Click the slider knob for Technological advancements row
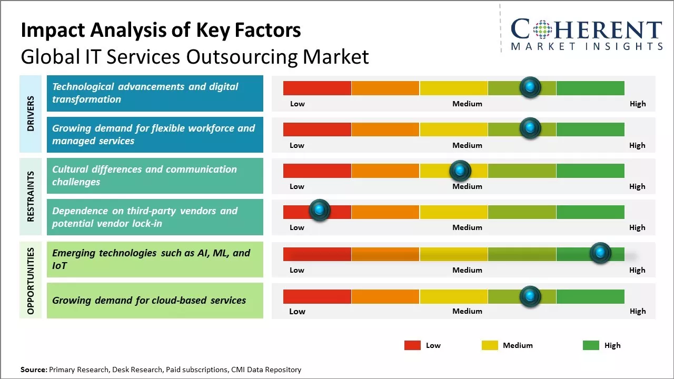point(530,87)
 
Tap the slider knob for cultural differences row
point(460,171)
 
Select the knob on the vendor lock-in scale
point(319,210)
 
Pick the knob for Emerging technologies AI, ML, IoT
point(600,253)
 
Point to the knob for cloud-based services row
point(530,296)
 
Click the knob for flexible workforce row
point(530,128)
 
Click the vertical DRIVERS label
point(31,114)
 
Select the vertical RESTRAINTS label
point(31,196)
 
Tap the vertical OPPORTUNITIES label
point(31,281)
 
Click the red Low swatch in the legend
point(412,345)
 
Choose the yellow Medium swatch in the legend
point(490,345)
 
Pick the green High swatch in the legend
point(591,345)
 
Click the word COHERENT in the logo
point(587,29)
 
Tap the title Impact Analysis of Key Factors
point(161,31)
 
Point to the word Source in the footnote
point(34,370)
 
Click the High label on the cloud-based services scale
point(638,311)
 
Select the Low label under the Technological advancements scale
point(298,104)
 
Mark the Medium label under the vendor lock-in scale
point(467,227)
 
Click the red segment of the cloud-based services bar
point(317,296)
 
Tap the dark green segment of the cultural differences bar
point(590,171)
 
